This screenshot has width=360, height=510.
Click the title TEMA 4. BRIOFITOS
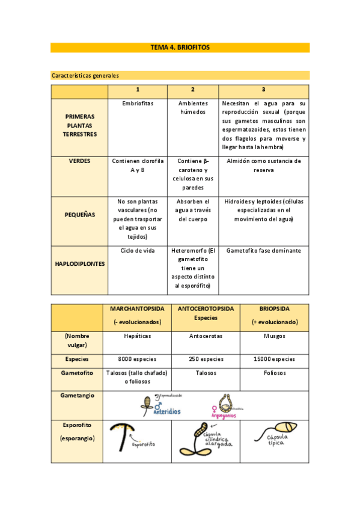[180, 48]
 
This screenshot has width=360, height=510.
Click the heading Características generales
[85, 76]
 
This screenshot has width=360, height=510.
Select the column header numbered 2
[192, 90]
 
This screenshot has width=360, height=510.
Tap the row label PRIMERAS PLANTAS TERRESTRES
[79, 124]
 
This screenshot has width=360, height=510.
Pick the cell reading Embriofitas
[138, 103]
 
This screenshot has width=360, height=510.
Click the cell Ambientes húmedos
[192, 107]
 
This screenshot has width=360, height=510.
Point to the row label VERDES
[79, 161]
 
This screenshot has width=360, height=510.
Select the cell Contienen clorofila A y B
[138, 165]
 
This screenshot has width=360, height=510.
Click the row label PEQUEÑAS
[79, 215]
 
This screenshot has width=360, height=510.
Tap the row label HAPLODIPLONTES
[79, 263]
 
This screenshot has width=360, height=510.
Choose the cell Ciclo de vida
[138, 250]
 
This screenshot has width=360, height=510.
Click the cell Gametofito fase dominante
[263, 250]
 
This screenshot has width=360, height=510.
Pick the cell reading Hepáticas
[137, 337]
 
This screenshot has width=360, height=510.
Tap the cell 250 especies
[206, 359]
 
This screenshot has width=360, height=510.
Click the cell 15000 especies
[275, 359]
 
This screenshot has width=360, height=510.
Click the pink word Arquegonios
[224, 415]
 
